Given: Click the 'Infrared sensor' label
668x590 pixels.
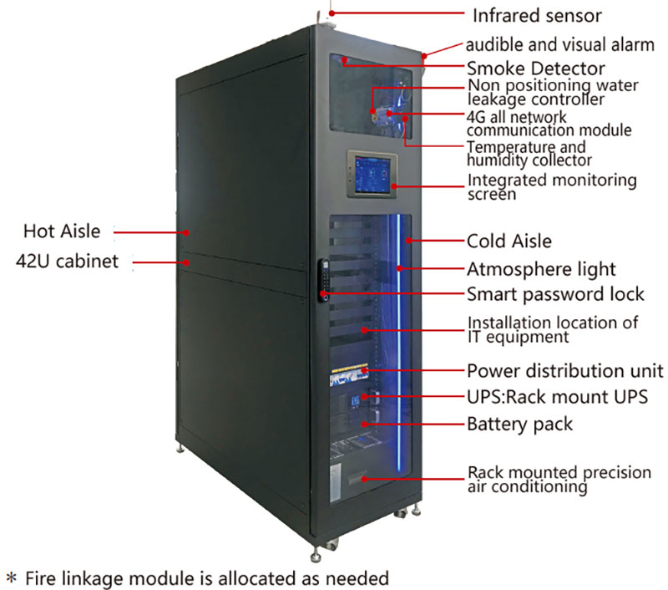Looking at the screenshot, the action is (x=537, y=16).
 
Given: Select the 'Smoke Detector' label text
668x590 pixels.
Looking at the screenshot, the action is (x=535, y=69).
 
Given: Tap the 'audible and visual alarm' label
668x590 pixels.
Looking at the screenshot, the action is (x=559, y=44).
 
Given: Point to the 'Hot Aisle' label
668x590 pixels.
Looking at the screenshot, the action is (x=62, y=231).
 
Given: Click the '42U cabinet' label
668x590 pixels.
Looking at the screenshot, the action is (x=67, y=262).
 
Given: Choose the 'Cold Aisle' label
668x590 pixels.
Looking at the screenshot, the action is (x=509, y=242).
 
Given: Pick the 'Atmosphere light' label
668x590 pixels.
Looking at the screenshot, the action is (x=541, y=269).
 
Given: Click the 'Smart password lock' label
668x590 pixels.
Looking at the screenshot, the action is (x=555, y=294).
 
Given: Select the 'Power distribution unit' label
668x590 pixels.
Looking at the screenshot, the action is (x=565, y=371).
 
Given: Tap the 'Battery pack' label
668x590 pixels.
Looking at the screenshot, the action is (x=519, y=425).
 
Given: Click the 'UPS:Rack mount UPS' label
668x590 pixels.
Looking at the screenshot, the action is (x=557, y=397).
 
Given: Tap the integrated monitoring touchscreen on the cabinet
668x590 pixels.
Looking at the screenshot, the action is (x=372, y=174).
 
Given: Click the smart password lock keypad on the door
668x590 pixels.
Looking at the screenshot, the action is (x=324, y=280).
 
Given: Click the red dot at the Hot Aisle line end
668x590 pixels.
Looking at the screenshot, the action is (x=186, y=233).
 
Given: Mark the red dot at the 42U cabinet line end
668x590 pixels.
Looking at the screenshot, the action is (x=186, y=262).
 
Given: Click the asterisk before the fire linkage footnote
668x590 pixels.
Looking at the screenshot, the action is (x=12, y=578).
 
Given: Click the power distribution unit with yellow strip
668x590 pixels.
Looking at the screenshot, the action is (x=349, y=375).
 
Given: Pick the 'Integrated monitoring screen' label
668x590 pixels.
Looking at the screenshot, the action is (x=552, y=186).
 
